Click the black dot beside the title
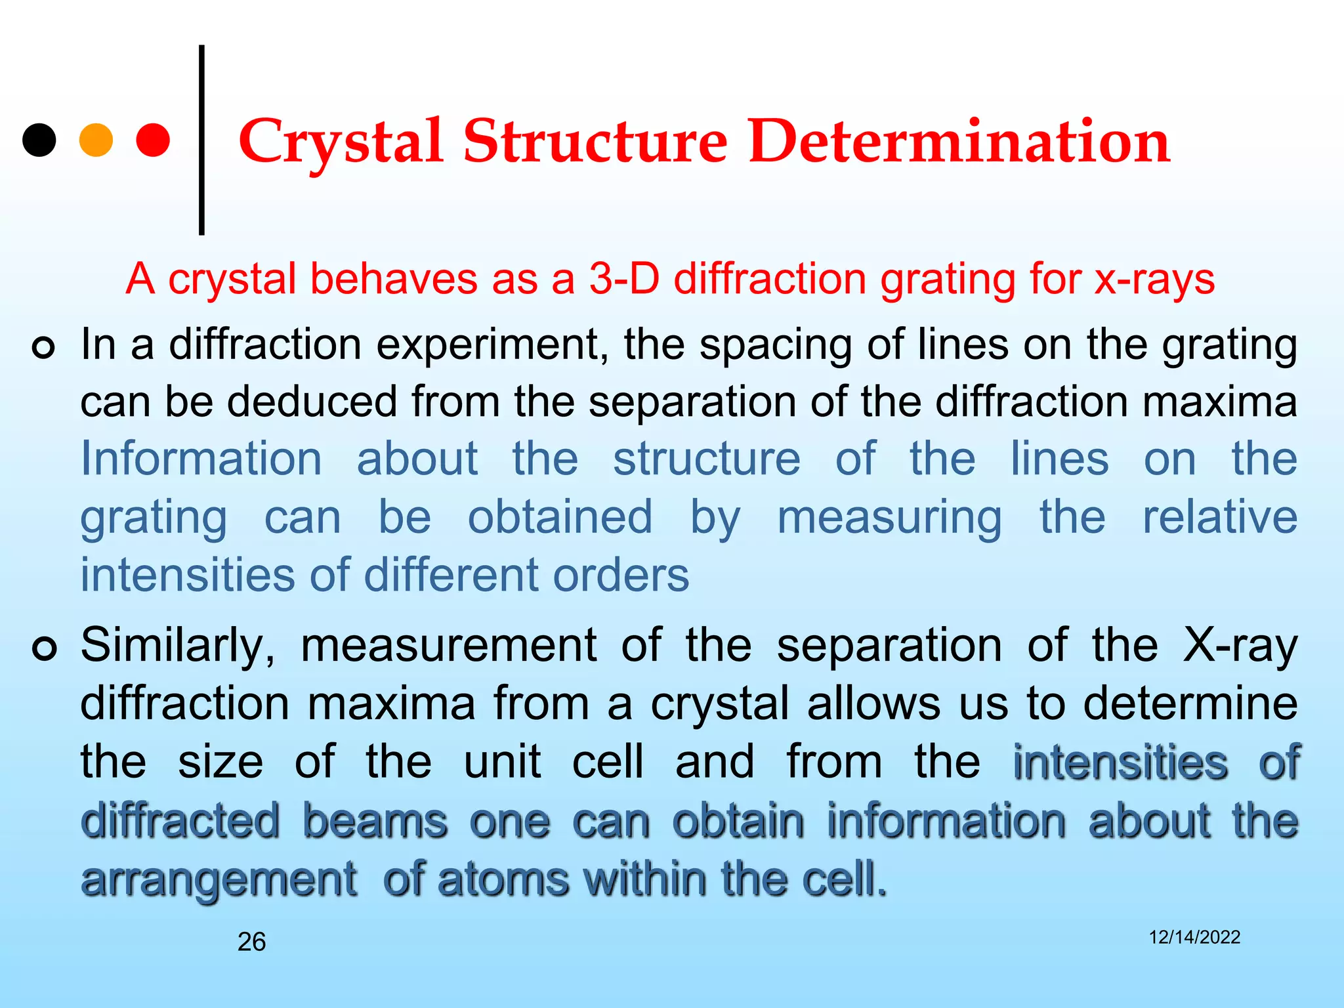coord(39,140)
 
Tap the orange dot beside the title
coord(96,140)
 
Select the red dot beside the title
coord(153,140)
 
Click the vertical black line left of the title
coord(201,140)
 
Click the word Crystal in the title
coord(340,142)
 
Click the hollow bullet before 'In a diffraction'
coord(43,347)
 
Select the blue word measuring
coord(889,518)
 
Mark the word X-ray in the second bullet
coord(1240,646)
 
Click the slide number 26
coord(251,942)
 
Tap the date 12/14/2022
coord(1194,937)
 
